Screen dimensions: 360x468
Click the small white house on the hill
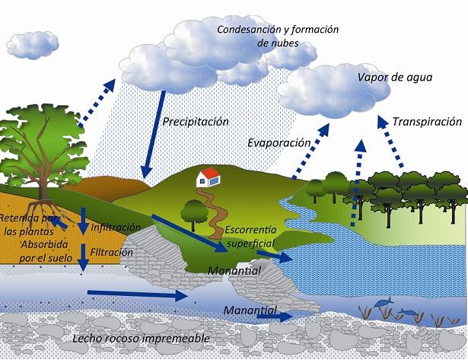tap(207, 179)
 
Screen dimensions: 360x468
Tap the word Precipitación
tap(196, 121)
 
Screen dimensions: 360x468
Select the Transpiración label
tap(428, 121)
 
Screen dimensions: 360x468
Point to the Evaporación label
tap(279, 142)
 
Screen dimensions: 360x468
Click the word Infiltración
tap(116, 227)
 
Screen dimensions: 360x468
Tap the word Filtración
tap(111, 252)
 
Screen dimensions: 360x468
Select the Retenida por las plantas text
tap(31, 225)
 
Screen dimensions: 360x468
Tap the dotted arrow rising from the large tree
tap(95, 104)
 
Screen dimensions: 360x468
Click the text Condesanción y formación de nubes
tap(277, 36)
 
